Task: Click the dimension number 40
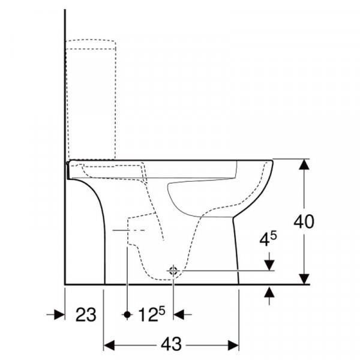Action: point(304,222)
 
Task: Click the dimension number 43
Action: point(171,344)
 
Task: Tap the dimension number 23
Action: point(86,315)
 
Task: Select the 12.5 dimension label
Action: point(152,314)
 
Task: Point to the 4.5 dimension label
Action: point(268,239)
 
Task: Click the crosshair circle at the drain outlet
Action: point(173,271)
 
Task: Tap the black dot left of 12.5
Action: point(127,314)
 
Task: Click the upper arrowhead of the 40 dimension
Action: point(304,164)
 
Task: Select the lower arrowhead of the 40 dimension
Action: point(304,279)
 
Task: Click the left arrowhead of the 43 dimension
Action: point(109,346)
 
